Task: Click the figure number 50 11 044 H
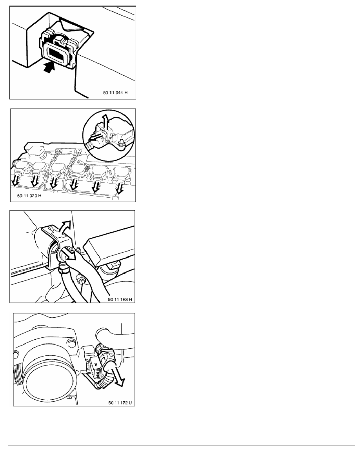coord(115,93)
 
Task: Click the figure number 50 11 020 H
coord(29,196)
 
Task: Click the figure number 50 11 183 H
coord(120,299)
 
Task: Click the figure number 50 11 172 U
coord(120,403)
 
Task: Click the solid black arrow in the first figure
coord(49,67)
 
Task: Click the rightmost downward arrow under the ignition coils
coord(119,188)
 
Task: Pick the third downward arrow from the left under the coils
coord(54,183)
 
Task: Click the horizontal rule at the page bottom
coord(182,446)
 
